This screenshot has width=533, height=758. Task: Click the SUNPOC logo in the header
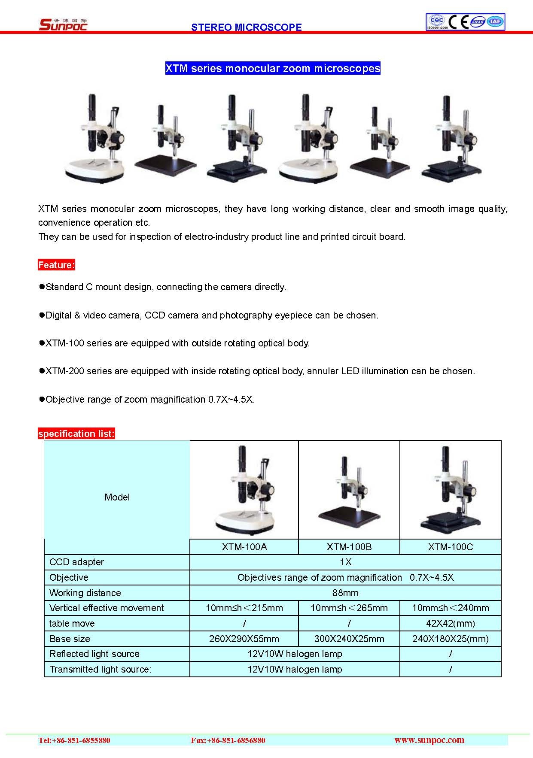tap(63, 24)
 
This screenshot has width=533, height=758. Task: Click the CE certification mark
tap(458, 21)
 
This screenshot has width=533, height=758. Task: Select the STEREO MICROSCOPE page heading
tap(246, 27)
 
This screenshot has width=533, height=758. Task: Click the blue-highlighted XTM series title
tap(273, 69)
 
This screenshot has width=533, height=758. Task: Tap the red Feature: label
tap(56, 265)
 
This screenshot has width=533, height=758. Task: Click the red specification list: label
tap(76, 434)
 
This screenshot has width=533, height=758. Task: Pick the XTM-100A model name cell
tap(244, 547)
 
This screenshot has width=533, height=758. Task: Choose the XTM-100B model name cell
tap(349, 547)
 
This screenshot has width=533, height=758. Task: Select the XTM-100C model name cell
tap(450, 547)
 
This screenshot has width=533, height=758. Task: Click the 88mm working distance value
tap(345, 593)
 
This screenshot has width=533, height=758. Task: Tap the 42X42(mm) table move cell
tap(450, 623)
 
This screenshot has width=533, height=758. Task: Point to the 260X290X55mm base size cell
tap(244, 639)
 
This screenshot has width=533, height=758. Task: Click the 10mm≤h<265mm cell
tap(349, 608)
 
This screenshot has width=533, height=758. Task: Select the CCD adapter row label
tap(76, 562)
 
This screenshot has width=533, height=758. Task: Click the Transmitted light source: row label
tap(101, 669)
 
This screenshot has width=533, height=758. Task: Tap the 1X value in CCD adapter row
tap(345, 562)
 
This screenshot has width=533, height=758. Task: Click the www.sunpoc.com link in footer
tap(429, 740)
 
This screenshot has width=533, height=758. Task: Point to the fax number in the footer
tap(228, 740)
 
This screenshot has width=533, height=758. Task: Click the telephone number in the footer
tap(74, 740)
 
